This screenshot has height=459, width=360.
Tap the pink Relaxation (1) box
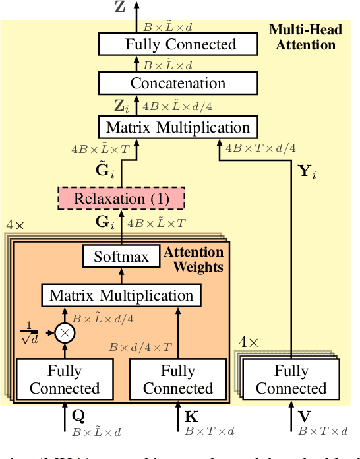click(x=121, y=198)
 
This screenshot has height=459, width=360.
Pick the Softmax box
click(x=121, y=257)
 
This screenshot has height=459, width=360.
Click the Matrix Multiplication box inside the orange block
click(x=121, y=295)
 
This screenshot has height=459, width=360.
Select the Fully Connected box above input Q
click(x=65, y=380)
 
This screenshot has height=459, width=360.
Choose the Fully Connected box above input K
click(x=178, y=380)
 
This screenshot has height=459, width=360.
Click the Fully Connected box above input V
click(x=291, y=380)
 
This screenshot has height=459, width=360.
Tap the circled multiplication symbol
click(x=65, y=332)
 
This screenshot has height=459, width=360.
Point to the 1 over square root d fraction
click(x=28, y=332)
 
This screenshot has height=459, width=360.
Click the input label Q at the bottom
click(x=78, y=417)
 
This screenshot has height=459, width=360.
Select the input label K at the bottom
click(x=191, y=417)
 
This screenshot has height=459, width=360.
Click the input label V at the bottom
click(x=304, y=417)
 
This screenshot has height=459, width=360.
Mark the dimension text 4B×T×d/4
click(x=260, y=148)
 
